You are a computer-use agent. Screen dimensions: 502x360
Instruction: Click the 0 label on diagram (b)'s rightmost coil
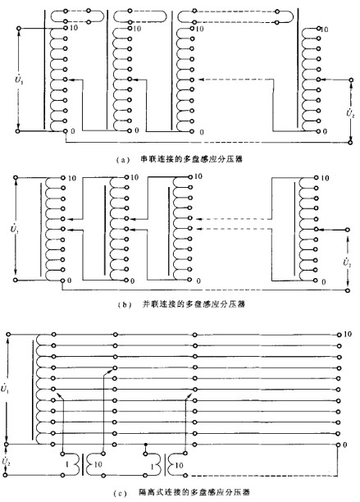pos(324,281)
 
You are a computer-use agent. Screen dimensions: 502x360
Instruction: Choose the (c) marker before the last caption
pos(120,494)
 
